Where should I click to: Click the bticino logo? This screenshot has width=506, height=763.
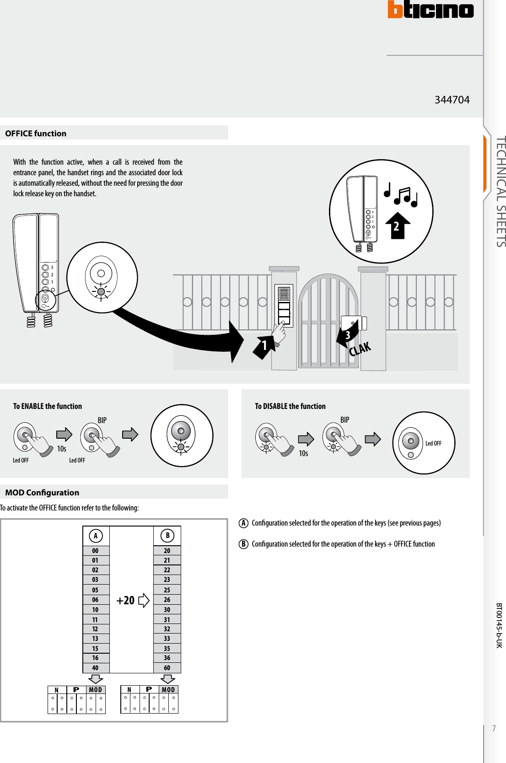pos(431,10)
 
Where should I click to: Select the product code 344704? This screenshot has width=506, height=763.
pos(452,100)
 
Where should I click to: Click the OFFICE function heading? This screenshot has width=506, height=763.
pos(36,134)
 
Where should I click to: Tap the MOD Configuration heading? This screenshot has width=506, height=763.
pos(42,493)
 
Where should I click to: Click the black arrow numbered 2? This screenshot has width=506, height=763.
pos(397,226)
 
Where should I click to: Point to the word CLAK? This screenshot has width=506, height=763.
pos(360,349)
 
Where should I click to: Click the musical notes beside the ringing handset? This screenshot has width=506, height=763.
pos(401,195)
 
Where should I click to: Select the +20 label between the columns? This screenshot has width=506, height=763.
pos(126,601)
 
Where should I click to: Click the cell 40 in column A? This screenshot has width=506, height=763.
pos(95,668)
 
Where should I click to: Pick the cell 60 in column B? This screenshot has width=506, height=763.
pos(167,668)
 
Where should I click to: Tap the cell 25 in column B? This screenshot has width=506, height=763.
pos(167,590)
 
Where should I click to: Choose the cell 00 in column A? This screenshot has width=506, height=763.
pos(95,551)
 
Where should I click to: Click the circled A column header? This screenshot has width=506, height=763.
pos(96,536)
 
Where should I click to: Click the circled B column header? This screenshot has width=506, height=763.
pos(167,536)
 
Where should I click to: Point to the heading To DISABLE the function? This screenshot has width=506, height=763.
pos(290,406)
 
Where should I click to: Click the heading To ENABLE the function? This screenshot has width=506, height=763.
pos(48,406)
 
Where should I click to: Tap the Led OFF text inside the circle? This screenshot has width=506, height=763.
pos(433,443)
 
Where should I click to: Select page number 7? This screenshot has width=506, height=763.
pos(494,728)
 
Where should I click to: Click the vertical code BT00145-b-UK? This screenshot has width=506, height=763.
pos(499,625)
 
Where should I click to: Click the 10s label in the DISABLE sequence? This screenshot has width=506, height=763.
pos(303,453)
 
